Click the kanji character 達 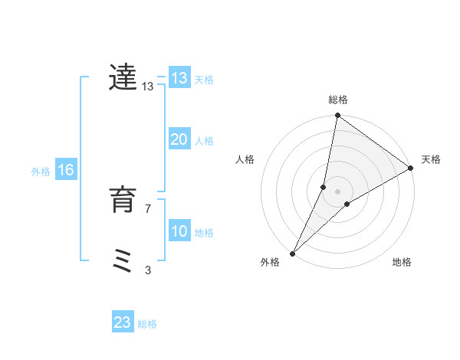(x=123, y=77)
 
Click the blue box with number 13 (x=179, y=78)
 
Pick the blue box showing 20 (x=179, y=139)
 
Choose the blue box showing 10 (x=179, y=231)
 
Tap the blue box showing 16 (x=66, y=170)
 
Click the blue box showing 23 (x=123, y=322)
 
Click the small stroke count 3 (x=148, y=270)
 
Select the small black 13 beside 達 (x=148, y=87)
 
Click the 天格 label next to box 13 (x=204, y=79)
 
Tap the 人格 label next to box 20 (x=204, y=140)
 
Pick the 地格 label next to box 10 (x=204, y=232)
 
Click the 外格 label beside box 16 (x=41, y=172)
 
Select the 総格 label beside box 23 (x=147, y=324)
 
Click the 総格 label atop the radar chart (x=337, y=100)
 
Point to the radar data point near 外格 (x=292, y=253)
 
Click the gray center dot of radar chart (x=337, y=191)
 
